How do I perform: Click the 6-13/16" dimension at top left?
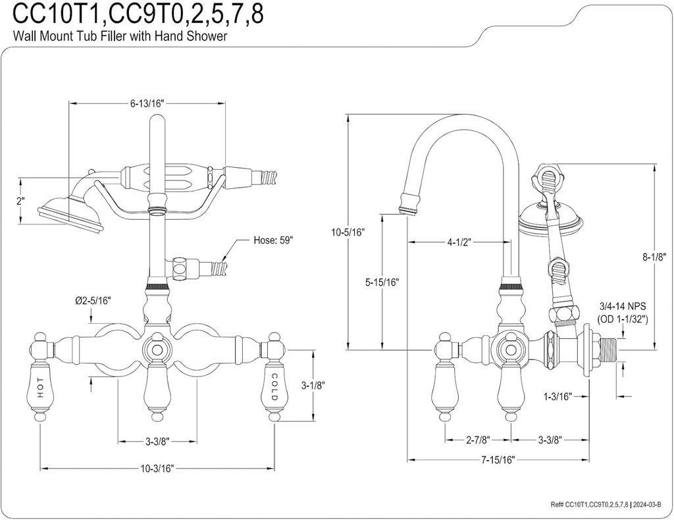pyautogui.click(x=147, y=103)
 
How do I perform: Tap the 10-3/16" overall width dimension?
pyautogui.click(x=157, y=468)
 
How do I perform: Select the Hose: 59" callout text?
pyautogui.click(x=273, y=240)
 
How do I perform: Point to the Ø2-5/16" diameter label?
pyautogui.click(x=93, y=301)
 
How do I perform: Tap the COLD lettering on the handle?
pyautogui.click(x=274, y=387)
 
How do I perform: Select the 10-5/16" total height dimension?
pyautogui.click(x=348, y=232)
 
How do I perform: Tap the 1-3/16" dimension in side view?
pyautogui.click(x=557, y=396)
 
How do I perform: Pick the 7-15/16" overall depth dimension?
pyautogui.click(x=497, y=459)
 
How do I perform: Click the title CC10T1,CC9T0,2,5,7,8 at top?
pyautogui.click(x=139, y=14)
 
